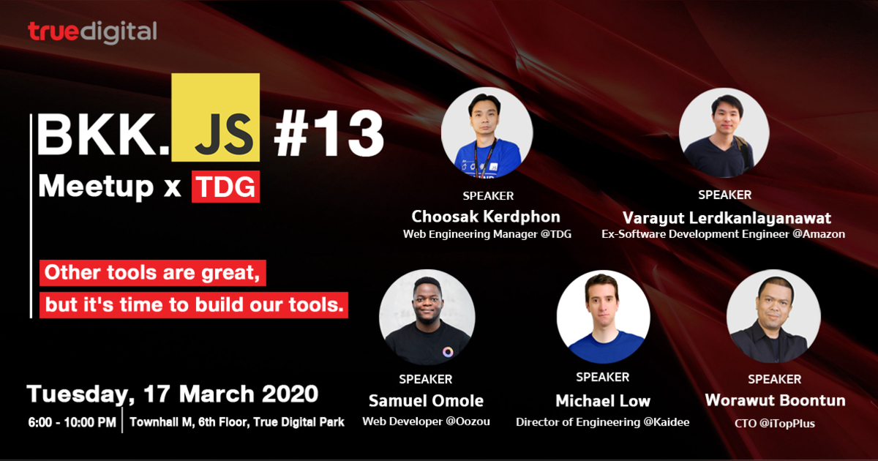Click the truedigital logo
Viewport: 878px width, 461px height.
92,32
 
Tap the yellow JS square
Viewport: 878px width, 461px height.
215,117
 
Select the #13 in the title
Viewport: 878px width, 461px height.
329,135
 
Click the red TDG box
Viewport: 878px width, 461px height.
225,187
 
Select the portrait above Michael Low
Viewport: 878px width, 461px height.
604,317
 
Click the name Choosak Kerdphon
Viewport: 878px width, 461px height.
487,217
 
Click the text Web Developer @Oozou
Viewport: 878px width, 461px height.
426,421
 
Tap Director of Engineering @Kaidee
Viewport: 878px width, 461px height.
603,421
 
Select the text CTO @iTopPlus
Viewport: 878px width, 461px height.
774,423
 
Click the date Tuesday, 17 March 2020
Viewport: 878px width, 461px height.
173,394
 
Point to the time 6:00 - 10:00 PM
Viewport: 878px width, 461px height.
72,422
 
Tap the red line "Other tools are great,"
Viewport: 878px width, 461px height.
152,274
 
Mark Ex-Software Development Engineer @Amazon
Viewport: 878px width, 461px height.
723,235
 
